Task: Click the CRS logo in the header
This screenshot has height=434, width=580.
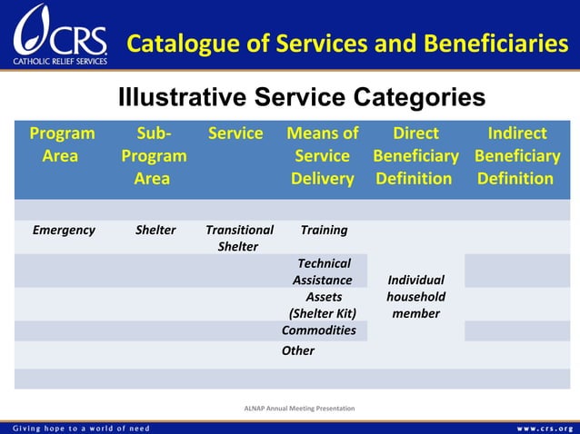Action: (60, 36)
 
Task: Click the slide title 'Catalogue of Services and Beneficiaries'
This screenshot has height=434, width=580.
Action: (347, 43)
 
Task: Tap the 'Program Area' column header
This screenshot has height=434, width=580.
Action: (61, 144)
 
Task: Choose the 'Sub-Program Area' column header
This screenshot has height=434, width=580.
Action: (153, 155)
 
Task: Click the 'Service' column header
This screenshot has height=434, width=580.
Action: (235, 133)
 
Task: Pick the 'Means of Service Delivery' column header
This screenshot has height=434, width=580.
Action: (322, 155)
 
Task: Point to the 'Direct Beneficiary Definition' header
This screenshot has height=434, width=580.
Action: (415, 155)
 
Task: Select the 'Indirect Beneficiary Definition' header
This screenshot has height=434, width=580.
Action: (516, 155)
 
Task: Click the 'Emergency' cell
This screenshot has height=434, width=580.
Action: (64, 230)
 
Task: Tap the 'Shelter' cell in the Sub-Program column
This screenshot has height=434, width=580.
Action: (155, 230)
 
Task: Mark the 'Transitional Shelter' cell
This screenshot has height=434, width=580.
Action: (239, 238)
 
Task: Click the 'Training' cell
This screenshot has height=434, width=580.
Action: (323, 230)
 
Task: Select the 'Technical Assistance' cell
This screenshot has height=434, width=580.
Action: (323, 271)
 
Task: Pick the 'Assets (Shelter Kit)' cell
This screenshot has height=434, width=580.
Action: (323, 305)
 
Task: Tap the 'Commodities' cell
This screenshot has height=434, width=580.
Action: (319, 330)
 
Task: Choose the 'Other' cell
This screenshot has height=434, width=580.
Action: (298, 350)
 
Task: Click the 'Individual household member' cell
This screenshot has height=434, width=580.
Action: (415, 297)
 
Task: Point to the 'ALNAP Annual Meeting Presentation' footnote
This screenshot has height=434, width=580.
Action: (299, 409)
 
